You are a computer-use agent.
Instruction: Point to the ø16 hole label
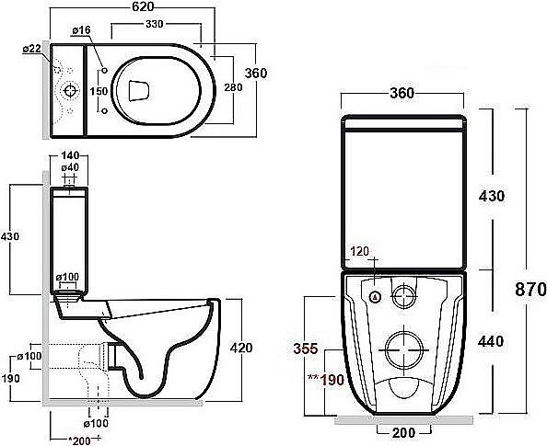click(x=81, y=31)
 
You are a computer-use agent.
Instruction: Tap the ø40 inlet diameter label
click(x=70, y=168)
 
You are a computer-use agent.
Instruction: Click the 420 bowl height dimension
click(x=241, y=348)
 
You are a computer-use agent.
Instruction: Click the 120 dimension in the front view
click(x=360, y=250)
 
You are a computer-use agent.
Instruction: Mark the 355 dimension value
click(x=307, y=349)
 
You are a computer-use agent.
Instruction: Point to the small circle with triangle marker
click(x=376, y=297)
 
